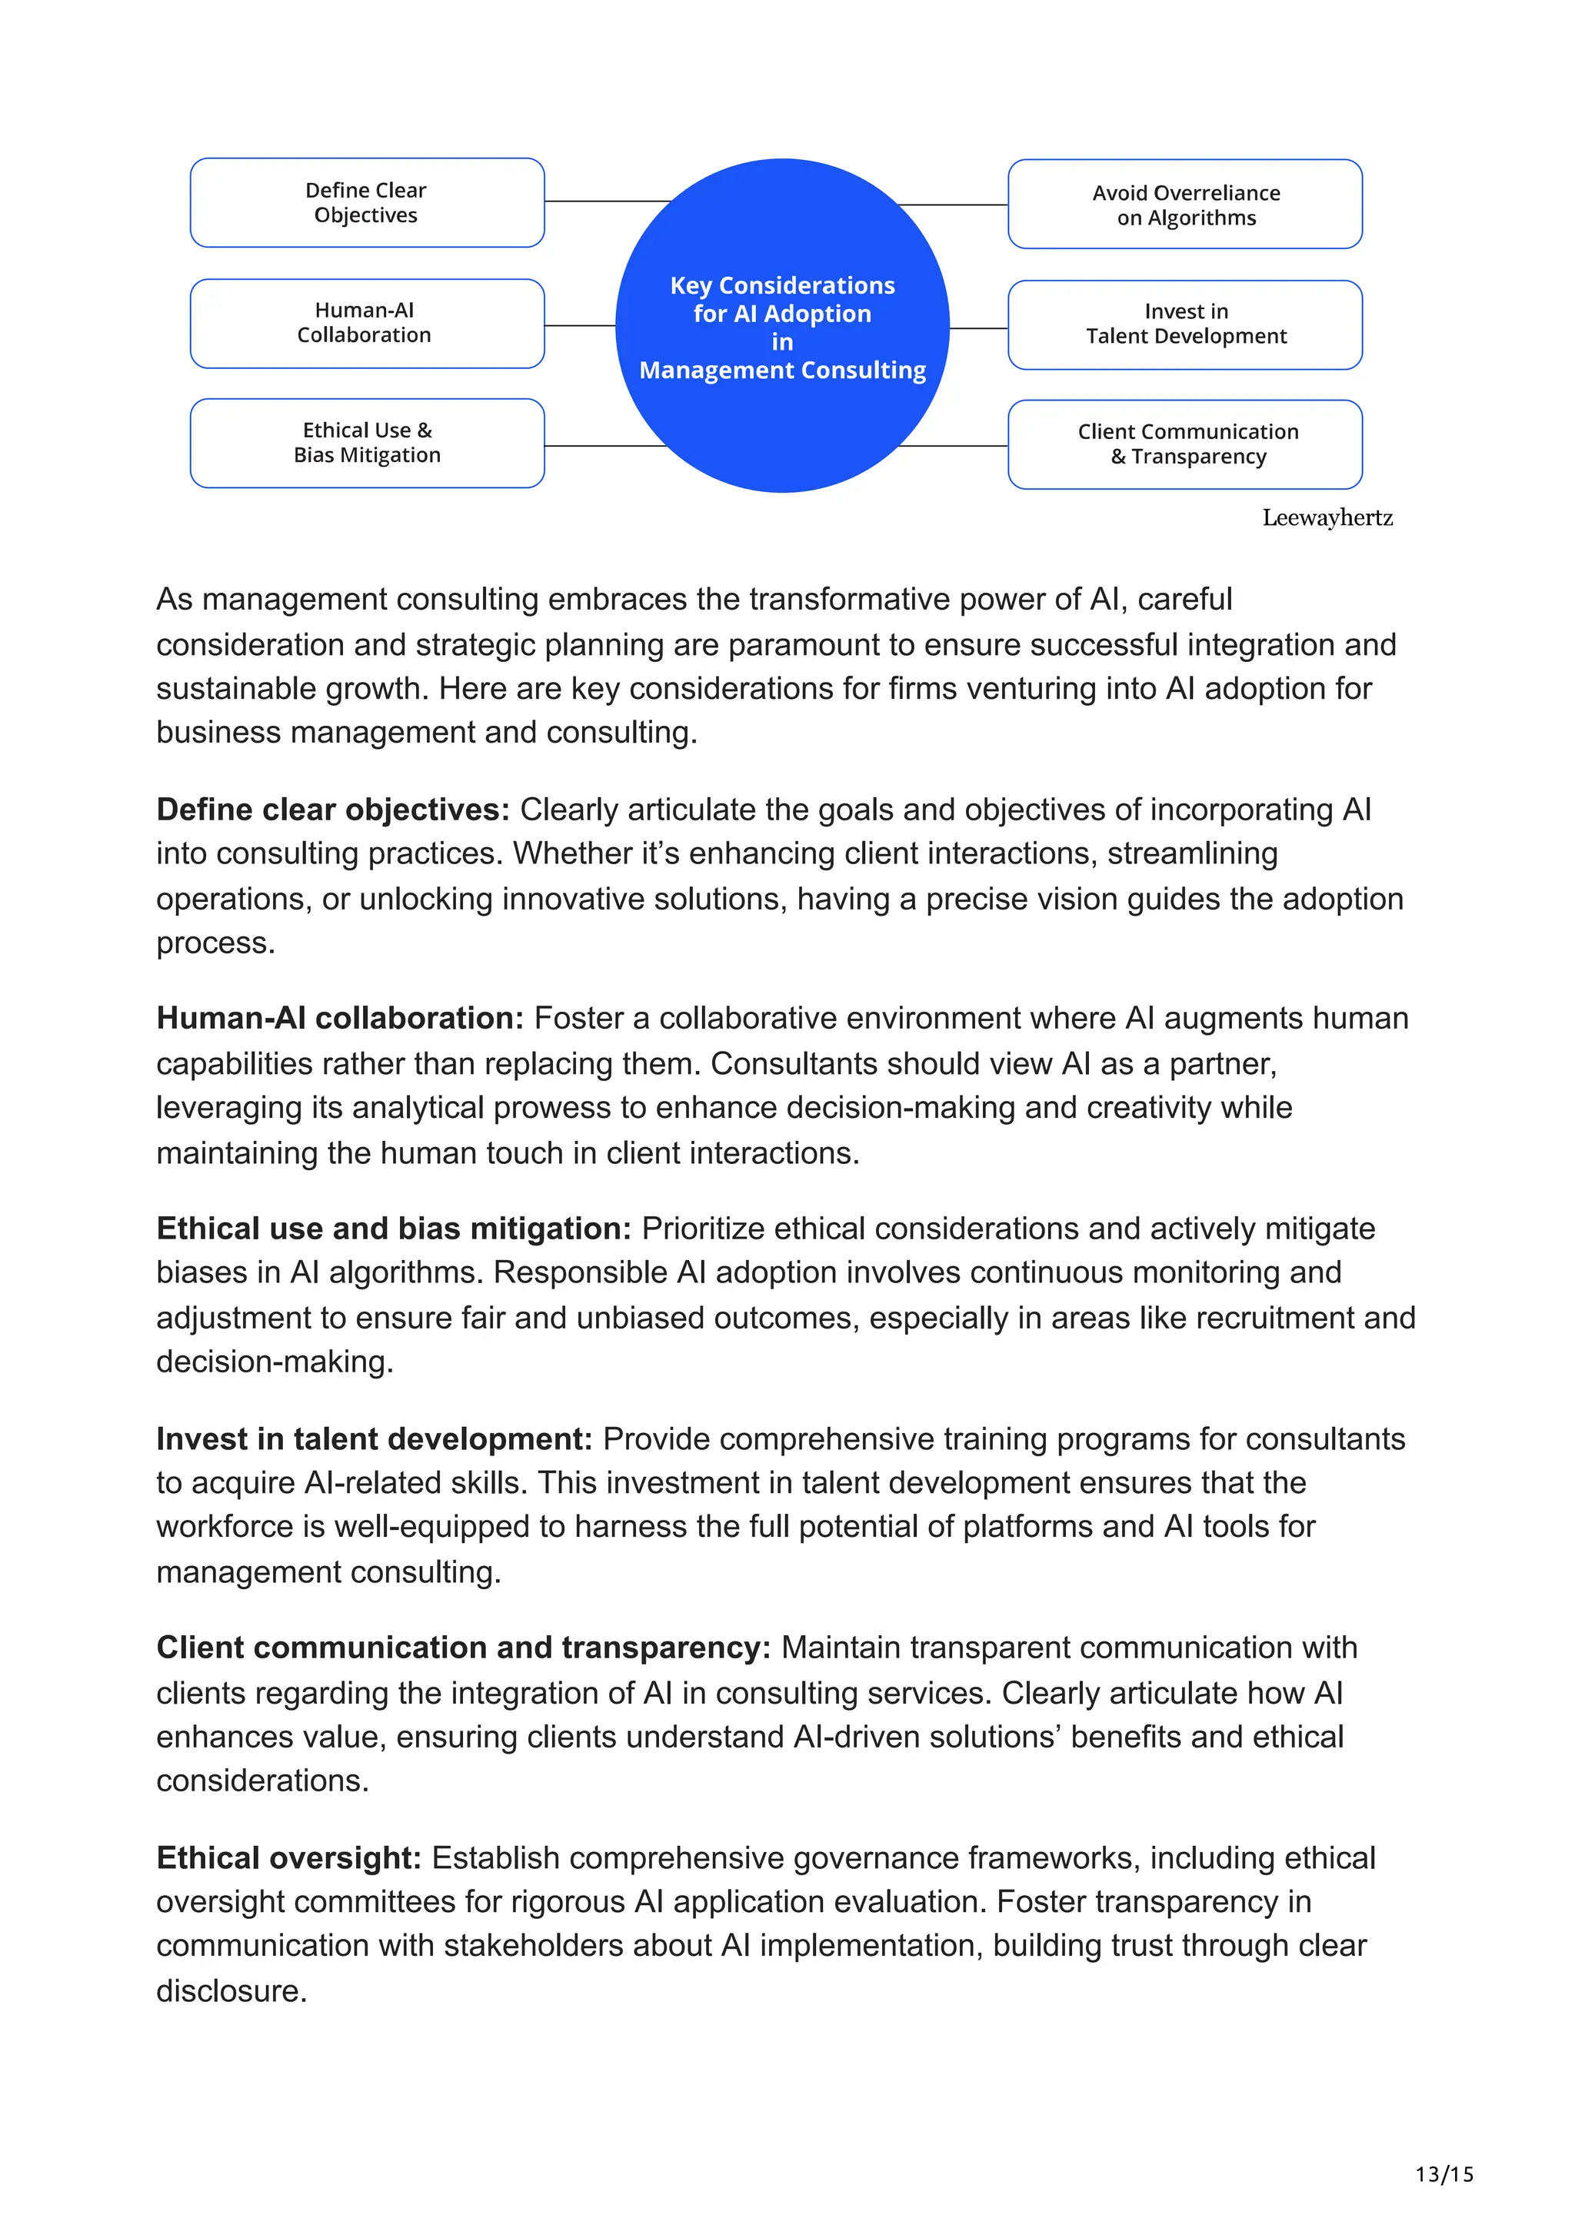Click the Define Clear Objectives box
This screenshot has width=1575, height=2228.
pyautogui.click(x=367, y=203)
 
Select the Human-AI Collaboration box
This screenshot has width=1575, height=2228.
pyautogui.click(x=367, y=323)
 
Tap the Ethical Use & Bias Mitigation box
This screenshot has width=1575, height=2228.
pyautogui.click(x=367, y=443)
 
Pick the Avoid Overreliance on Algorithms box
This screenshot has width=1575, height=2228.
pyautogui.click(x=1185, y=205)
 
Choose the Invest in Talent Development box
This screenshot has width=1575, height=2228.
pyautogui.click(x=1185, y=324)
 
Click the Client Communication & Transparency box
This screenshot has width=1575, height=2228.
pyautogui.click(x=1185, y=444)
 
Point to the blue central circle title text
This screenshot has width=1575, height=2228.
pyautogui.click(x=782, y=327)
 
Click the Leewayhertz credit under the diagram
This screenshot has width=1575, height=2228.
pyautogui.click(x=1327, y=517)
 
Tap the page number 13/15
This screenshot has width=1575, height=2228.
pyautogui.click(x=1444, y=2173)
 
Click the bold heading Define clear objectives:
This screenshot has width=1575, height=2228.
pyautogui.click(x=333, y=810)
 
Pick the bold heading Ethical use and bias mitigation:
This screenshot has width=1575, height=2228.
pyautogui.click(x=393, y=1229)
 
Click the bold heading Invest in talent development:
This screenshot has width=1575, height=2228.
pyautogui.click(x=374, y=1438)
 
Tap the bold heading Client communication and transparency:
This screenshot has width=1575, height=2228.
pyautogui.click(x=463, y=1648)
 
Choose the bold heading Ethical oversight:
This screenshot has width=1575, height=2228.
pyautogui.click(x=288, y=1857)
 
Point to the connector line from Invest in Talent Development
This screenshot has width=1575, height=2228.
pyautogui.click(x=978, y=329)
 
